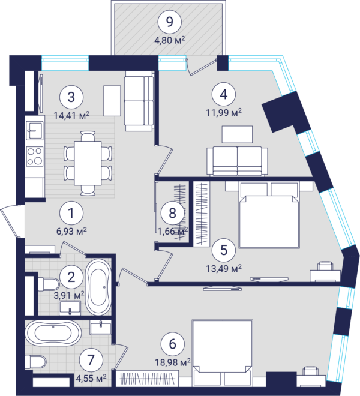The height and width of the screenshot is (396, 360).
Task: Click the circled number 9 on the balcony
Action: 170,22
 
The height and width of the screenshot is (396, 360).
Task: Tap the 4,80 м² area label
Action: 170,40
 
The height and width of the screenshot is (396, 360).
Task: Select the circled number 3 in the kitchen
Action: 71,97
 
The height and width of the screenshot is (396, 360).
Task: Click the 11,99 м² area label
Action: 224,112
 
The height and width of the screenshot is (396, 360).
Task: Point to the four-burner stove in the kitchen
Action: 35,157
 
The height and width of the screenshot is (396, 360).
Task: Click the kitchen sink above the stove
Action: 35,130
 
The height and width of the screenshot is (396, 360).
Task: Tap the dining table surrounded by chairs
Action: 88,163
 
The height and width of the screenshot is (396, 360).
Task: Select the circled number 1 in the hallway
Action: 71,213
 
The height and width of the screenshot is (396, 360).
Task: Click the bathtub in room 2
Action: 98,287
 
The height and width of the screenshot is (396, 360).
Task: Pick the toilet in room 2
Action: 49,284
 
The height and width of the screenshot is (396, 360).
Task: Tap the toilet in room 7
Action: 35,361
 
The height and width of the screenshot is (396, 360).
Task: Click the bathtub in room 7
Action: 53,333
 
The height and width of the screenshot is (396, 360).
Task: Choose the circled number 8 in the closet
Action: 172,212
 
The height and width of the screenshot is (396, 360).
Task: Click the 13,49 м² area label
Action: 224,268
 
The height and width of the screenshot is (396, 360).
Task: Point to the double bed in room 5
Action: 269,214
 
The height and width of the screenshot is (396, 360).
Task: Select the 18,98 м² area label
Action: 173,362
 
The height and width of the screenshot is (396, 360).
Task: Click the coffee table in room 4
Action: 237,134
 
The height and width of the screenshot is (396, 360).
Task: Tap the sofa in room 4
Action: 237,161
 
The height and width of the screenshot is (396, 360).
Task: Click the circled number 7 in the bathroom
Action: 91,360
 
